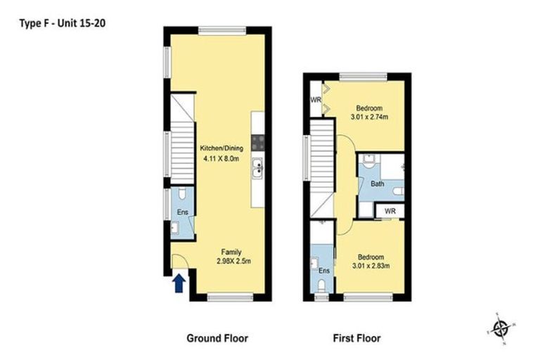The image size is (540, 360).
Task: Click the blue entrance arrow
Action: pos(179,283)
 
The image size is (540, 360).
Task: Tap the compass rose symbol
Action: pos(501,328)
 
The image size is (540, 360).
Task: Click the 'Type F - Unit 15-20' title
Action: pos(63,23)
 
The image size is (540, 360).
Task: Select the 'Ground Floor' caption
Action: pos(217,338)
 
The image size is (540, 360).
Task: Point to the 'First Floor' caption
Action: pos(356,338)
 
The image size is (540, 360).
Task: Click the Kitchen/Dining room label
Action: pos(221,148)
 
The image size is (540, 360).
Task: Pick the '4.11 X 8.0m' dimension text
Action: pos(221,159)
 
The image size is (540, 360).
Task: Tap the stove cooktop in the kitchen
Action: pos(258,143)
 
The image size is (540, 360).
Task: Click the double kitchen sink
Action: pos(257,169)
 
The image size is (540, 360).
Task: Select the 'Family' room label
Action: pos(231,252)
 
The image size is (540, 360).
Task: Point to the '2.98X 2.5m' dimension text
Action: pos(233,261)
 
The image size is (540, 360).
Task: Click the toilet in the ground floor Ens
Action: pos(182,193)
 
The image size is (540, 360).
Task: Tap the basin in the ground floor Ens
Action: pos(175,228)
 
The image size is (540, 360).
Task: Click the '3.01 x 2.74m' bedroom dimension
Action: pos(369,117)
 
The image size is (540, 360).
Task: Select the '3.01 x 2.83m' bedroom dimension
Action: pos(371,266)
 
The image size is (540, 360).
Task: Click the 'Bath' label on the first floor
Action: pos(377,184)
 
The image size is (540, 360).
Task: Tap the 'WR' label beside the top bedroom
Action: pos(316,100)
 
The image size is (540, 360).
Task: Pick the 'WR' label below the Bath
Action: pos(390,211)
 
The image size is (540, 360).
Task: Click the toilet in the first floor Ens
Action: pos(321,286)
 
